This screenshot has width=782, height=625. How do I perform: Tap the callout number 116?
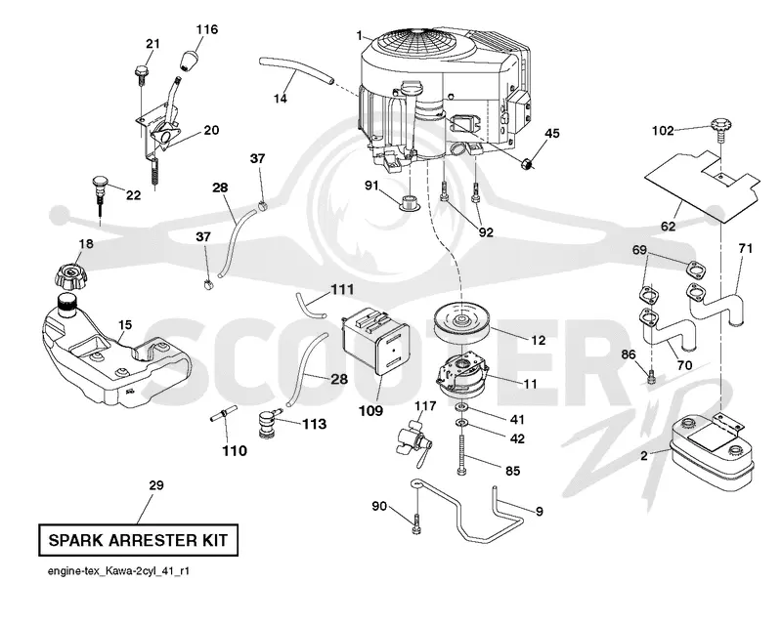tap(206, 29)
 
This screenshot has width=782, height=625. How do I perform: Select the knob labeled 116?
tap(189, 60)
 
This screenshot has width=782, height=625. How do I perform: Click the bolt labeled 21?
tap(140, 74)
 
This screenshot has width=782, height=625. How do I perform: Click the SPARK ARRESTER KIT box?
tap(138, 540)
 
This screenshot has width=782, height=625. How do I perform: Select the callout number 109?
tap(371, 411)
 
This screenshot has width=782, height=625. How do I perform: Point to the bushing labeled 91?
tap(411, 202)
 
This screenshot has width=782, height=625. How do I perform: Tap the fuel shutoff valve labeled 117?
tap(413, 441)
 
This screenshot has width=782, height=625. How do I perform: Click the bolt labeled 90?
tap(417, 521)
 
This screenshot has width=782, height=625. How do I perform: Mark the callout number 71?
tap(745, 248)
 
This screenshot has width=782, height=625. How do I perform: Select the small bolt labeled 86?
tap(651, 378)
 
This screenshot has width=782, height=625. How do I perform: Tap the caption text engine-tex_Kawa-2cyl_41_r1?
tap(118, 571)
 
